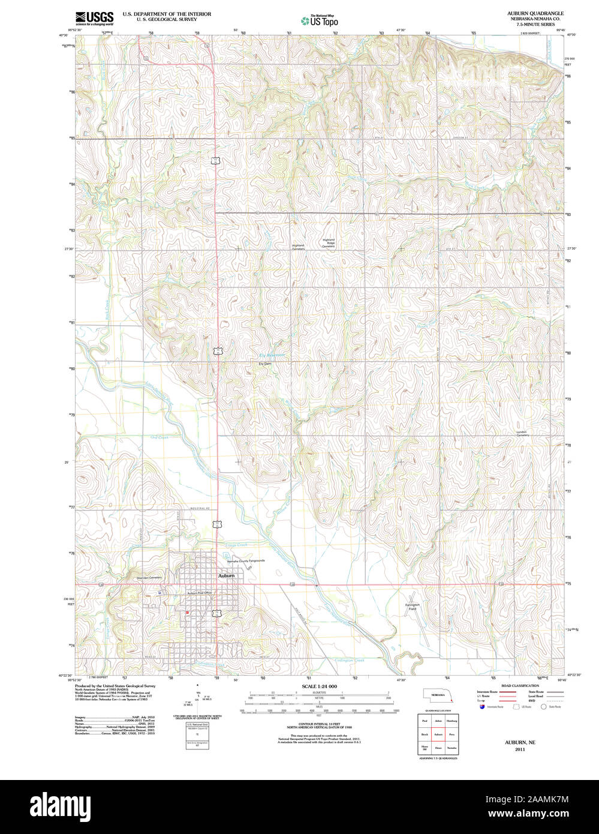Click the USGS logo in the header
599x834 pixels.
pyautogui.click(x=94, y=17)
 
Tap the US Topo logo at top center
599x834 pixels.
pyautogui.click(x=320, y=20)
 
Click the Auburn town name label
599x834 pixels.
pyautogui.click(x=226, y=575)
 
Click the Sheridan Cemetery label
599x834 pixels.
pyautogui.click(x=149, y=578)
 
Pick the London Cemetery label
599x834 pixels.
pyautogui.click(x=523, y=433)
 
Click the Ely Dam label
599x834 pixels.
pyautogui.click(x=264, y=364)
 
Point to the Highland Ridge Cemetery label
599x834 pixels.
pyautogui.click(x=328, y=243)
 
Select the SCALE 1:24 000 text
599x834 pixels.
pyautogui.click(x=319, y=686)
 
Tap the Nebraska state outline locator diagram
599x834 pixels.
pyautogui.click(x=440, y=695)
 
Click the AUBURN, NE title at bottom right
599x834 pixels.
pyautogui.click(x=519, y=742)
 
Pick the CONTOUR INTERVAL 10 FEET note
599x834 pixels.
pyautogui.click(x=319, y=708)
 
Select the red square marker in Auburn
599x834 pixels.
pyautogui.click(x=188, y=612)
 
